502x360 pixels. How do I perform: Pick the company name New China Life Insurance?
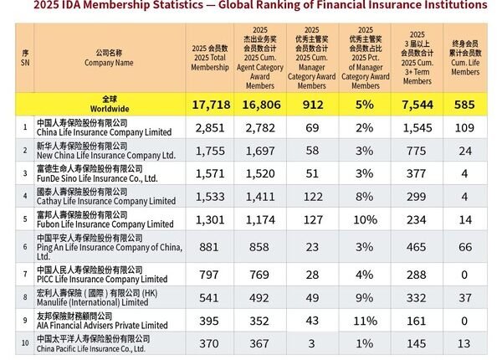point(105,156)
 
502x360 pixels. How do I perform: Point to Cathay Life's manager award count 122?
point(311,198)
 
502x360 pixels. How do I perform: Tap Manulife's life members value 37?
point(465,299)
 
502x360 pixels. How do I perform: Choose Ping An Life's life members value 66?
point(465,246)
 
